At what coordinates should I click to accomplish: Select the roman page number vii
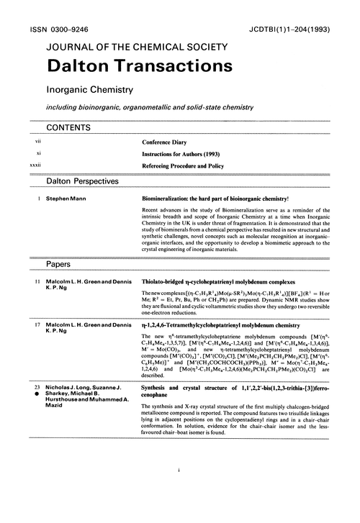28,142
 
